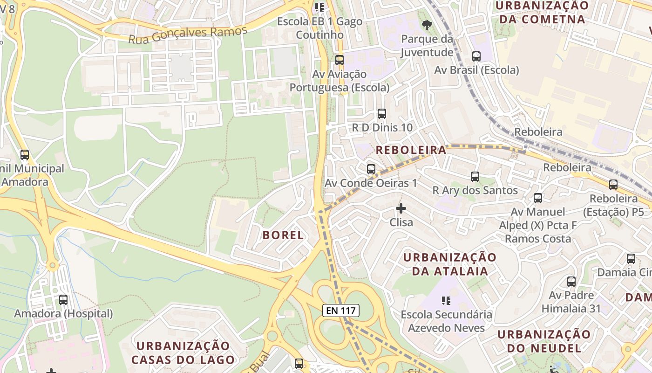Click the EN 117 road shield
click(341, 310)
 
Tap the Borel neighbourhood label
click(283, 235)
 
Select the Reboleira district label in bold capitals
click(411, 150)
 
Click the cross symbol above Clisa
click(401, 208)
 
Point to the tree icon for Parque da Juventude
click(426, 25)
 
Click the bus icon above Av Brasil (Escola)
click(476, 56)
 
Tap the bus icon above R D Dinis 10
click(381, 114)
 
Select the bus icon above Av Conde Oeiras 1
click(371, 169)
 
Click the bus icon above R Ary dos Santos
click(475, 177)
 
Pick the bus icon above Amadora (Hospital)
click(63, 300)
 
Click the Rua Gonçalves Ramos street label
click(187, 35)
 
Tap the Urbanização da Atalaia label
click(449, 264)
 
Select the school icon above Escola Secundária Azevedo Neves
click(446, 301)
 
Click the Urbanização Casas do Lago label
click(183, 352)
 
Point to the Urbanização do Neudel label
click(543, 341)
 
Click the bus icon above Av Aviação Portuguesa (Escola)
click(339, 60)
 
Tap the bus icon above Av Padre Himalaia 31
click(571, 282)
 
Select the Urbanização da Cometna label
click(542, 13)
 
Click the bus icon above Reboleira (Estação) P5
click(613, 185)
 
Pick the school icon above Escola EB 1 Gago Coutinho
click(319, 7)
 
